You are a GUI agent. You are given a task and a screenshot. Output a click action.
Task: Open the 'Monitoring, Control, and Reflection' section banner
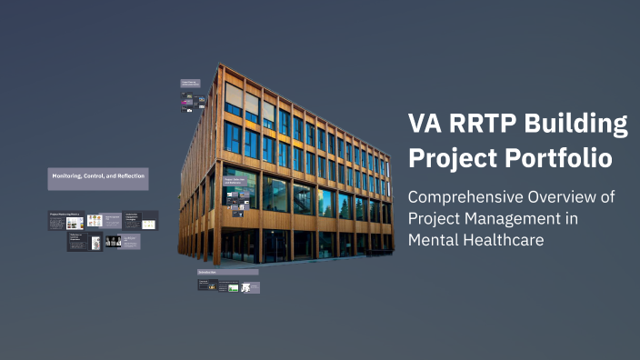[x=98, y=177]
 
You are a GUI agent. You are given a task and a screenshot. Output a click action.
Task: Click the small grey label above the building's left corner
[x=190, y=83]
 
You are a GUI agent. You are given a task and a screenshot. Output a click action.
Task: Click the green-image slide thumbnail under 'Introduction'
[x=234, y=287]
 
